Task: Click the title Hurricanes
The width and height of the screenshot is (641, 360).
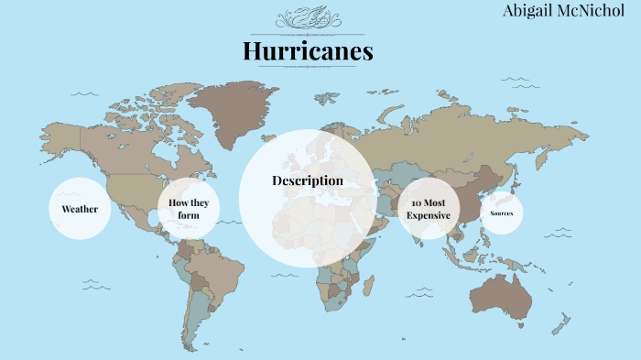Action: click(308, 51)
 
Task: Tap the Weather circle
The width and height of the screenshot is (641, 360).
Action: click(80, 209)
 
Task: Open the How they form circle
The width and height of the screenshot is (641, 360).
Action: click(189, 209)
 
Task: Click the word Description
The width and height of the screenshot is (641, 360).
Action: click(308, 180)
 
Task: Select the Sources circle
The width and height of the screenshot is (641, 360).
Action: click(501, 213)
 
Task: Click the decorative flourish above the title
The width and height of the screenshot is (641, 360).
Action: click(308, 18)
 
